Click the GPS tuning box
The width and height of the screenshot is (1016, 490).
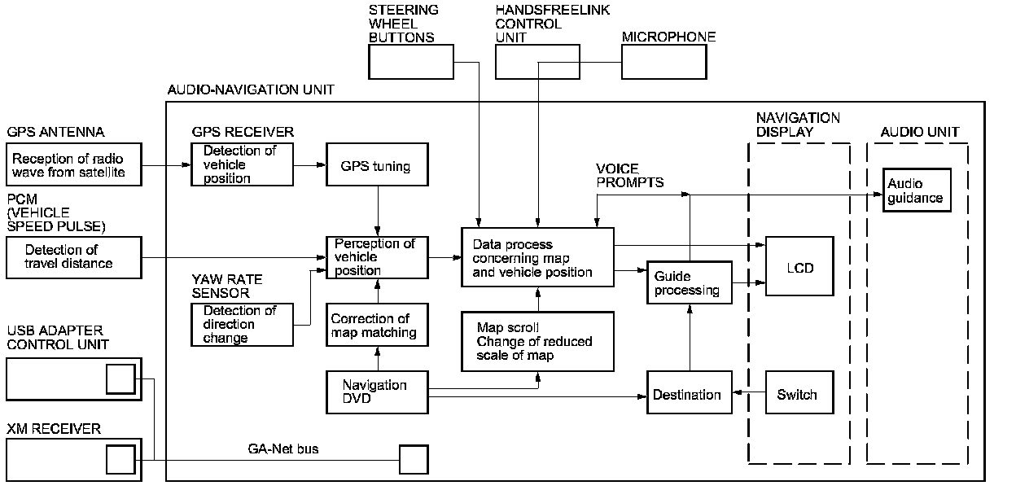377,164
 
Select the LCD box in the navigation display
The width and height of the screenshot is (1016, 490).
799,266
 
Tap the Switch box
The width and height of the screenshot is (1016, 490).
799,392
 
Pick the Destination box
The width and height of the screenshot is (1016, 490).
690,392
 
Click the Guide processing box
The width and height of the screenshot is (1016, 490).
690,282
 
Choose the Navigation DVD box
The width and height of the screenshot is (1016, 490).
377,392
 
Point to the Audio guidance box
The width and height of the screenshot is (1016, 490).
917,190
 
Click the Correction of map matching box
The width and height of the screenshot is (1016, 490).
377,325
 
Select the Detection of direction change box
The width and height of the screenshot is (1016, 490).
243,325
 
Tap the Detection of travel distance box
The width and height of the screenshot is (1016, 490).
74,257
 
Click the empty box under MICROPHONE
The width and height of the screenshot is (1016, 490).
664,62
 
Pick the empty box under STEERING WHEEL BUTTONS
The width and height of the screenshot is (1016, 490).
411,62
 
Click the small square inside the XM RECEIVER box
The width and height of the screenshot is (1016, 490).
120,459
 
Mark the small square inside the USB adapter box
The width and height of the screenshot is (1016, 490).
120,379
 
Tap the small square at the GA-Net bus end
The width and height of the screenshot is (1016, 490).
414,459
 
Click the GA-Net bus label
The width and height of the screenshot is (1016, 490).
283,448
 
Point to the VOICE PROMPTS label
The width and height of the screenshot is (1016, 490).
629,176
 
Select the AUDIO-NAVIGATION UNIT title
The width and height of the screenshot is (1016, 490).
251,90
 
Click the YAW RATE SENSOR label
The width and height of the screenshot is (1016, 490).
227,286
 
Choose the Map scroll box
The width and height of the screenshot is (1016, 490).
537,341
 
